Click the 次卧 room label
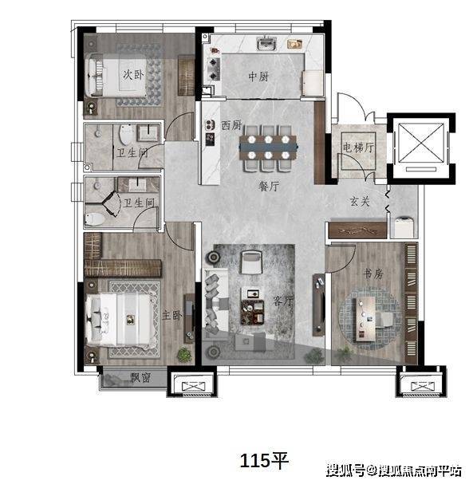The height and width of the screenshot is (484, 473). tap(133, 75)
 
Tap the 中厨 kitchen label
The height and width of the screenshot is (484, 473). tap(258, 77)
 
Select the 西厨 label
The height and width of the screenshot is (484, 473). tap(231, 125)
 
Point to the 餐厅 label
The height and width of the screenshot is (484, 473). tap(269, 186)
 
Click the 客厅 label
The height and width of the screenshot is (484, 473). tap(283, 301)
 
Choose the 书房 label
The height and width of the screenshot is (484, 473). tap(373, 273)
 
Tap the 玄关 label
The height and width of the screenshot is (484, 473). tap(360, 201)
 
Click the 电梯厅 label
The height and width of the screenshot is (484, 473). tap(358, 148)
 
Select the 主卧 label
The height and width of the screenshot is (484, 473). tap(172, 315)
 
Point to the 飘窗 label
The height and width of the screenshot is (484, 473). tap(140, 377)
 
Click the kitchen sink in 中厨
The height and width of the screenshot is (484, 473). tap(266, 43)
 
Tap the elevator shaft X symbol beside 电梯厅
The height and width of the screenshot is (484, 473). tap(421, 142)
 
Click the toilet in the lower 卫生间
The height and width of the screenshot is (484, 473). tap(95, 218)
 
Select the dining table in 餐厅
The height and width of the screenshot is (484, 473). tap(268, 147)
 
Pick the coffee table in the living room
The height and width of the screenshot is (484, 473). tap(253, 312)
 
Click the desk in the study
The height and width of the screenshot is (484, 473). tap(365, 319)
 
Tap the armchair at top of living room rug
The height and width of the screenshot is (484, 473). tap(251, 262)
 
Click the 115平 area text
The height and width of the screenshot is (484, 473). tap(264, 461)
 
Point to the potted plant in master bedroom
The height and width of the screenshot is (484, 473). tap(184, 354)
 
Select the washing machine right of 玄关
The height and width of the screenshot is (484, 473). tap(404, 226)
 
